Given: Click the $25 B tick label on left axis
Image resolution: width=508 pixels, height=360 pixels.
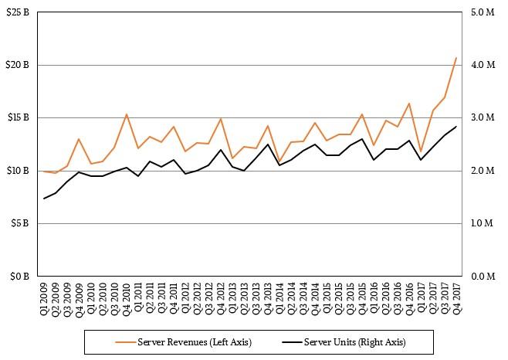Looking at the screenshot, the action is [x=18, y=12].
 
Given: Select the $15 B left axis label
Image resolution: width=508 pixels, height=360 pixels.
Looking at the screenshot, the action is [x=18, y=117].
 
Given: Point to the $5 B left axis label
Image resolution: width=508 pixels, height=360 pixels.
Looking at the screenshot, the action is [x=20, y=223].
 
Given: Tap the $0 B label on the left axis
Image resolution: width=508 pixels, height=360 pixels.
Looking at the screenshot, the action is [x=20, y=277].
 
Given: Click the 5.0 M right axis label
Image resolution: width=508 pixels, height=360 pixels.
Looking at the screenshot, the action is [x=483, y=12].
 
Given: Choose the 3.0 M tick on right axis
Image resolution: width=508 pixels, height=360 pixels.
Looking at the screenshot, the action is [x=483, y=117].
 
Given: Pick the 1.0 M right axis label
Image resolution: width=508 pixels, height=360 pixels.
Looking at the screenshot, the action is [x=482, y=222].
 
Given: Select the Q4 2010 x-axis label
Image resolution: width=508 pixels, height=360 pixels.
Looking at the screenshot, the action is [x=127, y=299].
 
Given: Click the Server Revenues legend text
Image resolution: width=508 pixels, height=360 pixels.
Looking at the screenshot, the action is [x=195, y=342].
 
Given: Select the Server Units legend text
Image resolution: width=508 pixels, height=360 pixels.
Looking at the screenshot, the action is [x=355, y=342].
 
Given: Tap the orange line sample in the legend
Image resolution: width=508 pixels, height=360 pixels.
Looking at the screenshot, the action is [x=125, y=341].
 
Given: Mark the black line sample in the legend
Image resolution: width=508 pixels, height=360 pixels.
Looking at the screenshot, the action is [x=292, y=341].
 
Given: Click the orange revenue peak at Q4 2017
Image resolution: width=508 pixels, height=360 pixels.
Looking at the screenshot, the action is [x=456, y=58].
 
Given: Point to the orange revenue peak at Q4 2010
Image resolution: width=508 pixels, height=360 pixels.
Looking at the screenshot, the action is [x=127, y=114].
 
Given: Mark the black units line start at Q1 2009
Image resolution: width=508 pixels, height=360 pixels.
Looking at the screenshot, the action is [x=44, y=199].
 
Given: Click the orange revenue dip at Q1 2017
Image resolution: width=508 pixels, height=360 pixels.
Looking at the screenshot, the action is [x=421, y=151].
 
